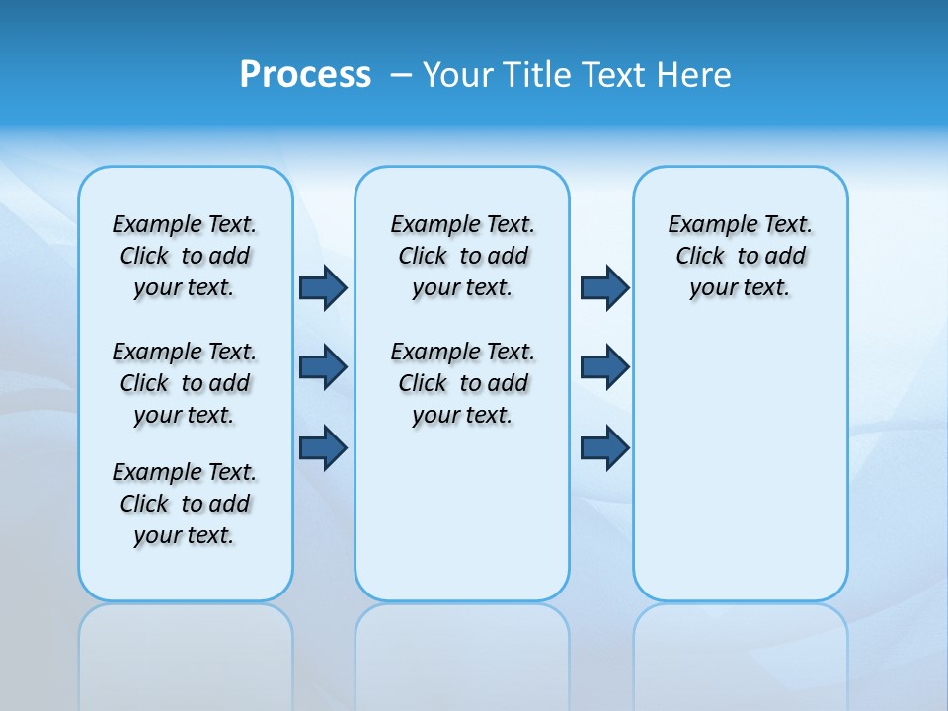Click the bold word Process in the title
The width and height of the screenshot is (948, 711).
[x=305, y=75]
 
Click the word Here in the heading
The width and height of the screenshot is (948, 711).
[x=695, y=75]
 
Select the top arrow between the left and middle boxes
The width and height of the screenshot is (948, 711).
[x=323, y=287]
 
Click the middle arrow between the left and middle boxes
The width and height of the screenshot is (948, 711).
[x=323, y=367]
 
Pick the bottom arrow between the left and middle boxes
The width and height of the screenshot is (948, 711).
[x=323, y=448]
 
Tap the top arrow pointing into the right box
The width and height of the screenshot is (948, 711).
[x=604, y=287]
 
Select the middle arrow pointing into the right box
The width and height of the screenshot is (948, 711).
[x=604, y=367]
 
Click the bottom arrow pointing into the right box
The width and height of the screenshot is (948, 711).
[x=604, y=448]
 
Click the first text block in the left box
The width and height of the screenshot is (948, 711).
[x=185, y=256]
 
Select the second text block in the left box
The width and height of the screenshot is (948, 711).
[x=185, y=383]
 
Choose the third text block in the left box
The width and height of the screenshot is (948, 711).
[x=185, y=504]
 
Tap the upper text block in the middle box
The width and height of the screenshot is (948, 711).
[x=462, y=256]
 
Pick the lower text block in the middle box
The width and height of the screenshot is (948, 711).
[x=462, y=383]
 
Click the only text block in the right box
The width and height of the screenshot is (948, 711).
[x=740, y=256]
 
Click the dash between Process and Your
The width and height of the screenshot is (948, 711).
[x=401, y=75]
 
